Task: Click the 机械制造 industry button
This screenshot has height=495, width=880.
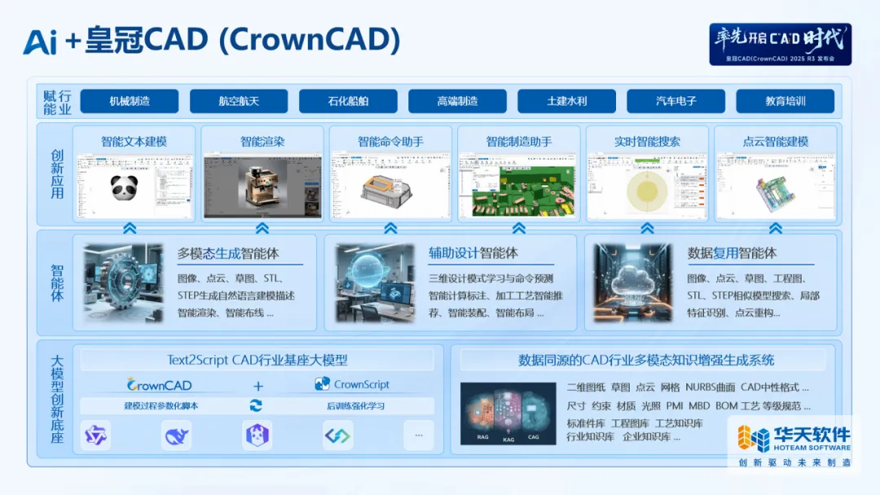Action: [130, 101]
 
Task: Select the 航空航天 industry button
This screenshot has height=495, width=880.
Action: [239, 101]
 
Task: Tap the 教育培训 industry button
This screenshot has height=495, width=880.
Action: [785, 101]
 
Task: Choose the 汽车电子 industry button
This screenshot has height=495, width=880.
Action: [675, 101]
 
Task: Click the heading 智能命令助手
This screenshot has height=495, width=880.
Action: [390, 141]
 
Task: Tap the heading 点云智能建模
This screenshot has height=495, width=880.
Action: [775, 141]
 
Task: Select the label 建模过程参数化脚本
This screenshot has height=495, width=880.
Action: [161, 405]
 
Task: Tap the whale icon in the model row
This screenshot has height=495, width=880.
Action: [176, 436]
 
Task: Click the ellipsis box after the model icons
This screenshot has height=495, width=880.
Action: [419, 436]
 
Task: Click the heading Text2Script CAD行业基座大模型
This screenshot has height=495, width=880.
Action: [257, 359]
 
